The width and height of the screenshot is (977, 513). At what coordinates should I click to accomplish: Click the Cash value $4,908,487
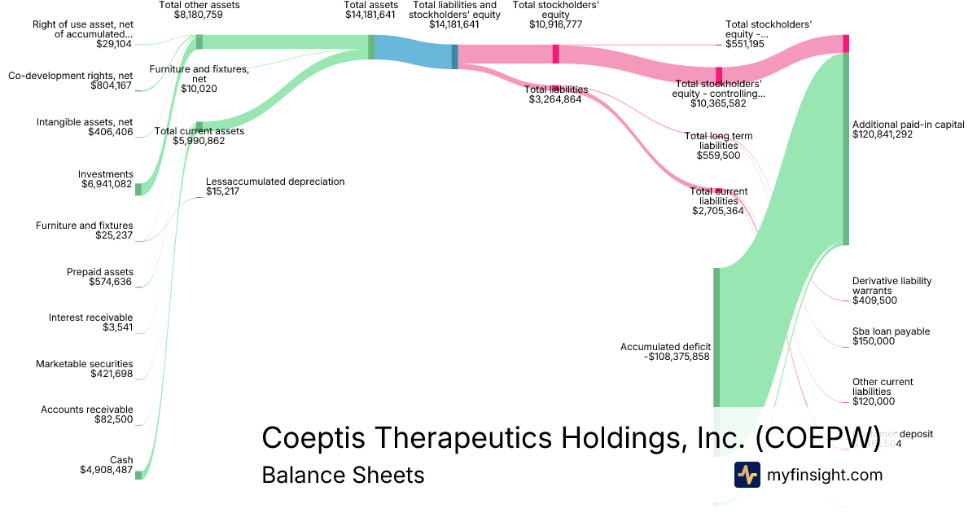click(106, 470)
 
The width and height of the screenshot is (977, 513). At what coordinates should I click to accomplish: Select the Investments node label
click(105, 174)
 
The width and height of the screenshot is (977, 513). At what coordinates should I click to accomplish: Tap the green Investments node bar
click(138, 189)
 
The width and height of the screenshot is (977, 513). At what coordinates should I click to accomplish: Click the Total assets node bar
click(371, 46)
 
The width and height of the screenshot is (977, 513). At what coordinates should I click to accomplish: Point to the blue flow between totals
click(413, 51)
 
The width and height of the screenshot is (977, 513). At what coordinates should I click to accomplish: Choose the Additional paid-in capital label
click(908, 125)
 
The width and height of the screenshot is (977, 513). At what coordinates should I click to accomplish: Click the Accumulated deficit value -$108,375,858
click(665, 357)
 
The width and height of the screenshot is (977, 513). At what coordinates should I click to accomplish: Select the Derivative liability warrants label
click(892, 286)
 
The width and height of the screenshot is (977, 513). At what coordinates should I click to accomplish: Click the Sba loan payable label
click(891, 331)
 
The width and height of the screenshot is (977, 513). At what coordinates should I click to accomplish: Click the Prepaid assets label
click(100, 272)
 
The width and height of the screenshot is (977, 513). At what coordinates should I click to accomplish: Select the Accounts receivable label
click(87, 410)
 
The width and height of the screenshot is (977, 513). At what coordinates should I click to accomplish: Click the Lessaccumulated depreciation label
click(275, 182)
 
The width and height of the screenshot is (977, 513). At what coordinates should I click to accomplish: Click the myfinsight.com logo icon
click(747, 475)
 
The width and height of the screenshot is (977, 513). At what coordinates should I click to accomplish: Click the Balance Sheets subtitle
click(343, 475)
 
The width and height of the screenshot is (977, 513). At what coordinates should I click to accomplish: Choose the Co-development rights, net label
click(70, 75)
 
